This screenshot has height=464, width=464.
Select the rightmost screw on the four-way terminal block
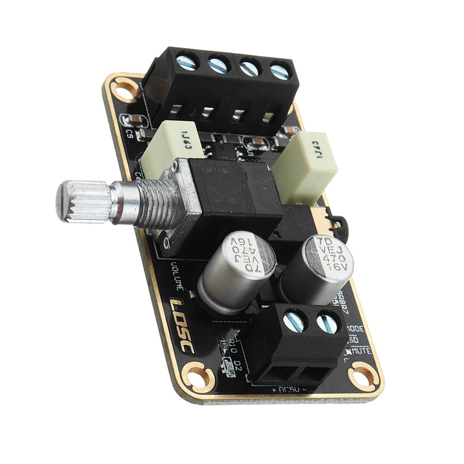pos(279,72)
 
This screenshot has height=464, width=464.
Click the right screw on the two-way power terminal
pos(328,323)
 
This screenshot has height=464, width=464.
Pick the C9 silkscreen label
pos(131,133)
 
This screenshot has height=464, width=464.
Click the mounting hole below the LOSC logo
pos(194,376)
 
